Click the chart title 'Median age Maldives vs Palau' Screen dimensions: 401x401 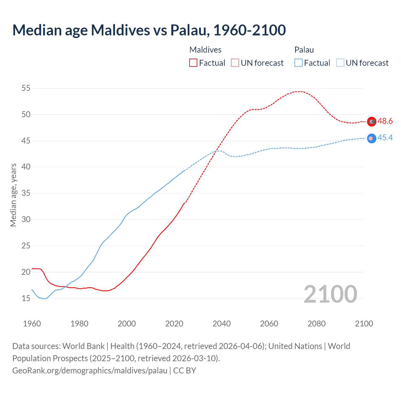pyautogui.click(x=149, y=30)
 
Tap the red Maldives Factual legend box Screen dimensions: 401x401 pyautogui.click(x=193, y=63)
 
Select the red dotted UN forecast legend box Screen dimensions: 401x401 pyautogui.click(x=235, y=63)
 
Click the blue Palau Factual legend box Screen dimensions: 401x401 pyautogui.click(x=299, y=63)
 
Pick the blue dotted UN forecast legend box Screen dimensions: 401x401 pyautogui.click(x=340, y=63)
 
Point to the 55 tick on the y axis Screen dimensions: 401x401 pyautogui.click(x=26, y=88)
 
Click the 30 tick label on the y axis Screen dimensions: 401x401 pyautogui.click(x=26, y=219)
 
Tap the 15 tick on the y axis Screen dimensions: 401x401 pyautogui.click(x=26, y=298)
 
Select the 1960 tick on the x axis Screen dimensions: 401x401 pyautogui.click(x=32, y=323)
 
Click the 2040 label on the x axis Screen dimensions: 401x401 pyautogui.click(x=221, y=323)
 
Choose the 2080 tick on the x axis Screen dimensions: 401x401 pyautogui.click(x=316, y=323)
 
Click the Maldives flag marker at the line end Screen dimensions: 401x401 pyautogui.click(x=372, y=122)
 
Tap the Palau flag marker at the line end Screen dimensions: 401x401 pyautogui.click(x=372, y=138)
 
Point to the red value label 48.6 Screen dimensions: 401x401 pyautogui.click(x=385, y=121)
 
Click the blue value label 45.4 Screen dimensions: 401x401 pyautogui.click(x=385, y=138)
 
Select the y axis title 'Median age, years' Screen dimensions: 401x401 pyautogui.click(x=13, y=195)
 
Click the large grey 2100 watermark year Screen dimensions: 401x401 pyautogui.click(x=330, y=294)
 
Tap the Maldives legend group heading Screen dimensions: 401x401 pyautogui.click(x=206, y=50)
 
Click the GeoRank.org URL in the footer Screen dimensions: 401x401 pyautogui.click(x=90, y=370)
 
